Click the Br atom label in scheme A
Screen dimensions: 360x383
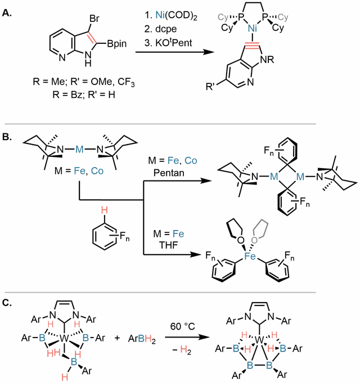tap(94, 19)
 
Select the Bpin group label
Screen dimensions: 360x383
tap(117, 44)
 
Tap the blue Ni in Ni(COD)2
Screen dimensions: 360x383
tap(160, 15)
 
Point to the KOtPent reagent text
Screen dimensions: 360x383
tap(174, 43)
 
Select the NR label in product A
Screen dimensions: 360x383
tap(267, 60)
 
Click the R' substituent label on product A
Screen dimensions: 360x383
tap(210, 87)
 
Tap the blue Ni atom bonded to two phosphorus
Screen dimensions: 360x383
tap(253, 29)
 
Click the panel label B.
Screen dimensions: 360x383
tap(7, 137)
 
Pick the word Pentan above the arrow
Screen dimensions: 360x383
tap(169, 173)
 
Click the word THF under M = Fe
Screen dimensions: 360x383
tap(169, 245)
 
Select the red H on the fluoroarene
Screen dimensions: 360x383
tap(104, 210)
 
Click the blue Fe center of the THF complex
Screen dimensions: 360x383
tap(250, 256)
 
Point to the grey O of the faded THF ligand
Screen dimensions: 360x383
tap(254, 240)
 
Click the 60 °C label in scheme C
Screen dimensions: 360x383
tap(182, 326)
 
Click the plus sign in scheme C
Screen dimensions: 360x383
tap(117, 339)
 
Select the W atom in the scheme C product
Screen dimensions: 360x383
tap(259, 340)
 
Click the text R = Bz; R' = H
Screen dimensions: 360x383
tap(84, 94)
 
